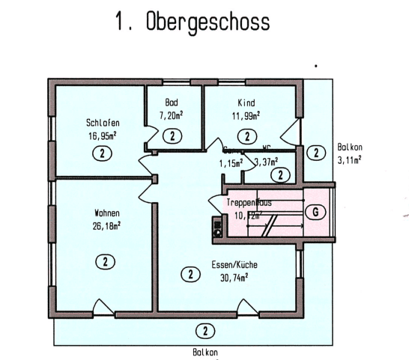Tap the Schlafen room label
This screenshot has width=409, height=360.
(103, 123)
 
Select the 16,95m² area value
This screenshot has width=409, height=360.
(103, 135)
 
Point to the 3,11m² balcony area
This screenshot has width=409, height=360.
(350, 160)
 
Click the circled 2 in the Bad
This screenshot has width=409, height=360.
(172, 135)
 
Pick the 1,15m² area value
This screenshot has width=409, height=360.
(231, 162)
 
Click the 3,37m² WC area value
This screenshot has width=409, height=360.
(267, 161)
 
